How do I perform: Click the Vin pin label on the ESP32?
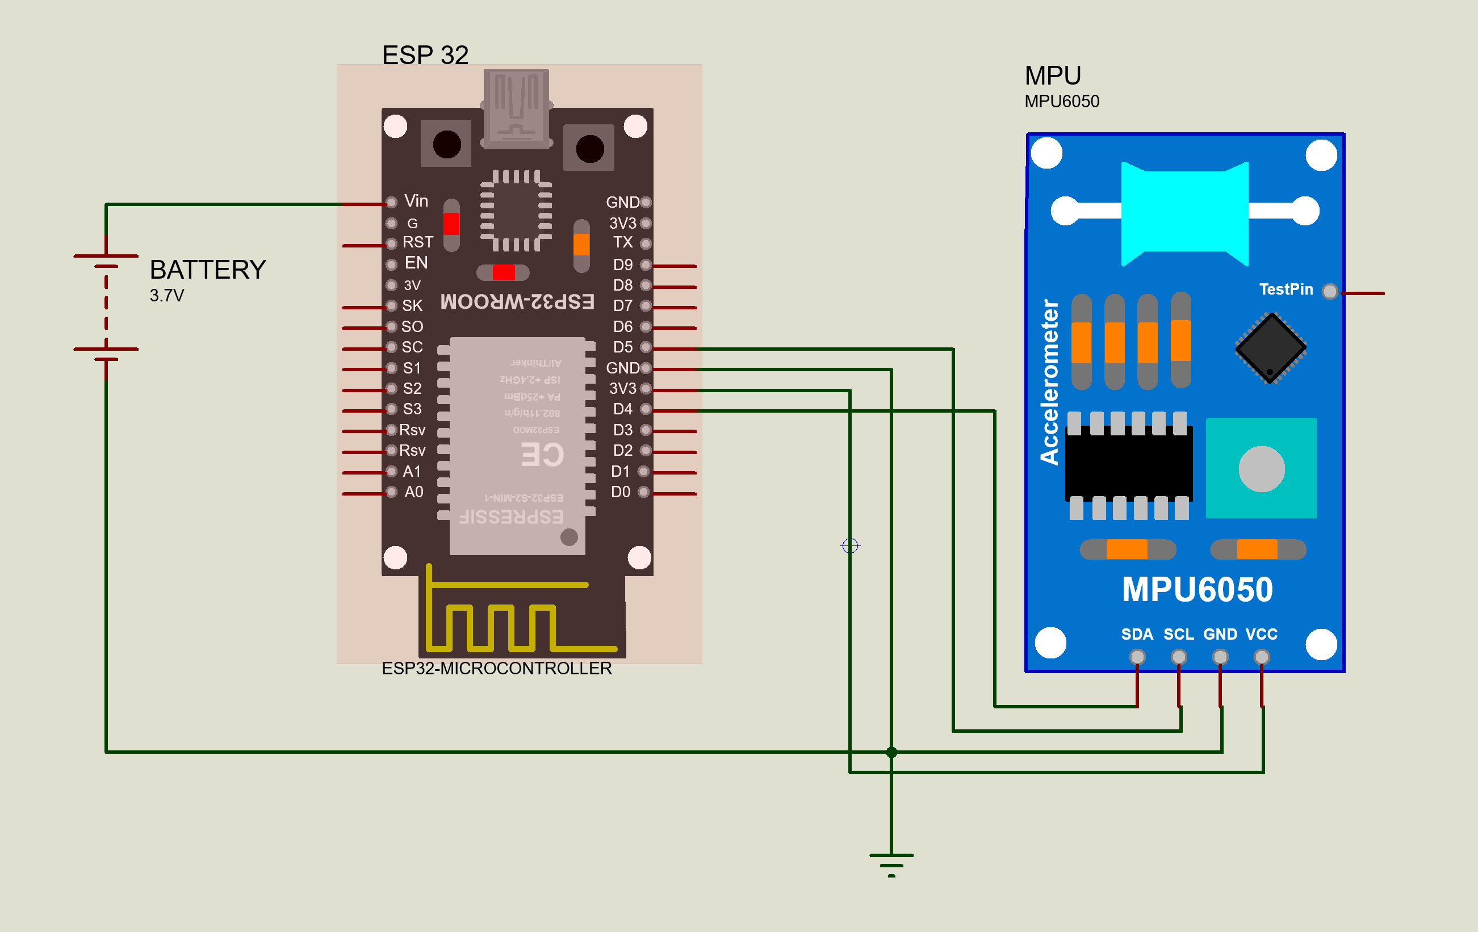pos(416,201)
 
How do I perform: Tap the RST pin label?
pos(417,242)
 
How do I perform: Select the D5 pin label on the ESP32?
pos(622,347)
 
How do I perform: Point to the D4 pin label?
pos(622,409)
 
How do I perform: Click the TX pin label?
pos(622,242)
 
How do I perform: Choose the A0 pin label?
pos(414,492)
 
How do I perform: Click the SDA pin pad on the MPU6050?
pos(1137,657)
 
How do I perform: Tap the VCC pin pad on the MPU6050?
pos(1261,657)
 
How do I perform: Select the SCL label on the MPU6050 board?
pos(1178,635)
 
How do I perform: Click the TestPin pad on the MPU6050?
pos(1329,291)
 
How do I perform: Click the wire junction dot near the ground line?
pos(892,752)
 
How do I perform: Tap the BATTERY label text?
pos(207,270)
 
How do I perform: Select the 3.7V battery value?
pos(166,296)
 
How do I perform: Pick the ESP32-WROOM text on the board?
pos(517,302)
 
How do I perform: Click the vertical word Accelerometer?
pos(1049,381)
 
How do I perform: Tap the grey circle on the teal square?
pos(1261,469)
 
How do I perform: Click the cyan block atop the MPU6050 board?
pos(1184,212)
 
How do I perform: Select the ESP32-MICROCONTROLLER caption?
pos(497,669)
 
